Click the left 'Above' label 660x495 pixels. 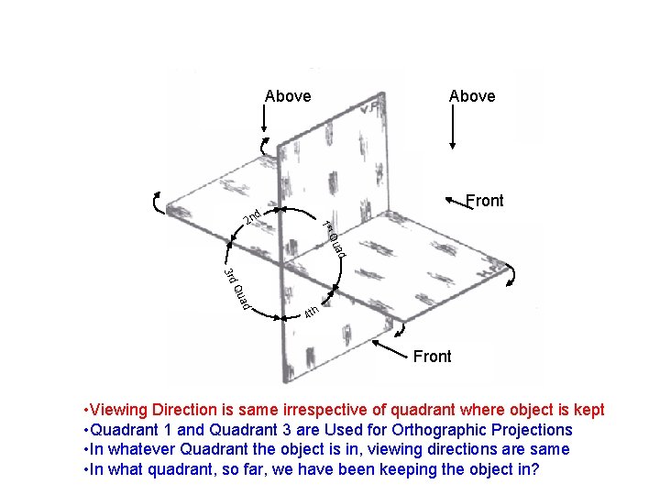(288, 96)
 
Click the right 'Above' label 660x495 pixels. (472, 96)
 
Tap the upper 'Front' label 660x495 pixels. (485, 201)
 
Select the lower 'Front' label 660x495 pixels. (433, 357)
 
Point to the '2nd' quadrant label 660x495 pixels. (253, 217)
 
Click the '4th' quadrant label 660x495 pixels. (311, 313)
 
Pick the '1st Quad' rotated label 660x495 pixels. (334, 238)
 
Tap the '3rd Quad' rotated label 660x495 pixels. (237, 289)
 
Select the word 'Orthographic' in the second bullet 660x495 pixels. (443, 430)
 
